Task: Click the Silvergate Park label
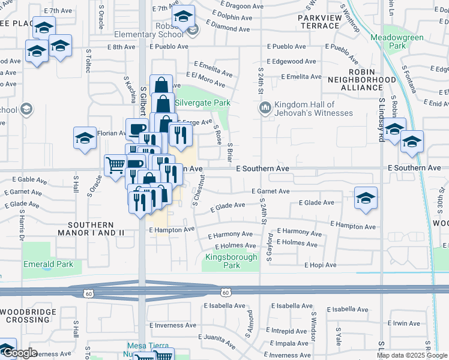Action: (202, 103)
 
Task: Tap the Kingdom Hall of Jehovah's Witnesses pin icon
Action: (265, 108)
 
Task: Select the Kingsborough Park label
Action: (231, 261)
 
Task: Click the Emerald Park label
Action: (48, 264)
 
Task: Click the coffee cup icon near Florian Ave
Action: (137, 128)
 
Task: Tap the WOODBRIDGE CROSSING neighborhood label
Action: (29, 316)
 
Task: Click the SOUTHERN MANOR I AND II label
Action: (95, 228)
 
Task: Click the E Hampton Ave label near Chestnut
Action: (172, 230)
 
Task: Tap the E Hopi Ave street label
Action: (321, 265)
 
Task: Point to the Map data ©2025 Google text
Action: (412, 355)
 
